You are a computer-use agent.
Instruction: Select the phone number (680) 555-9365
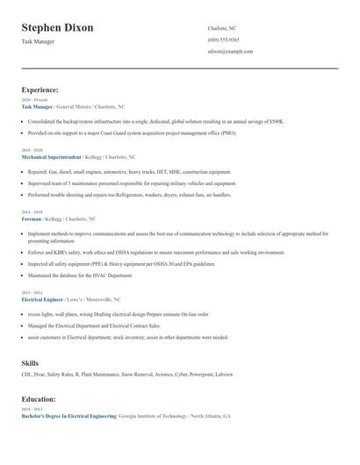tap(223, 39)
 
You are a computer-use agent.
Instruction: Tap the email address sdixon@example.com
tap(230, 52)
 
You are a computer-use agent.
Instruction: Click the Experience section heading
tap(40, 89)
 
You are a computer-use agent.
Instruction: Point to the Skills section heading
tap(31, 362)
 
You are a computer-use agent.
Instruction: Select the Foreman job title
tap(32, 218)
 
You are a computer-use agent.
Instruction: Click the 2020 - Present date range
tap(32, 100)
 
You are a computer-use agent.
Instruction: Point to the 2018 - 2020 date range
tap(31, 150)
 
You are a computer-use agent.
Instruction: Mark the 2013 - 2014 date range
tap(31, 293)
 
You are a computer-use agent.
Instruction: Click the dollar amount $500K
tap(277, 121)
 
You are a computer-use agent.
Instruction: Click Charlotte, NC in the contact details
tap(222, 28)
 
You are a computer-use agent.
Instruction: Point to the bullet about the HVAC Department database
tap(80, 275)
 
